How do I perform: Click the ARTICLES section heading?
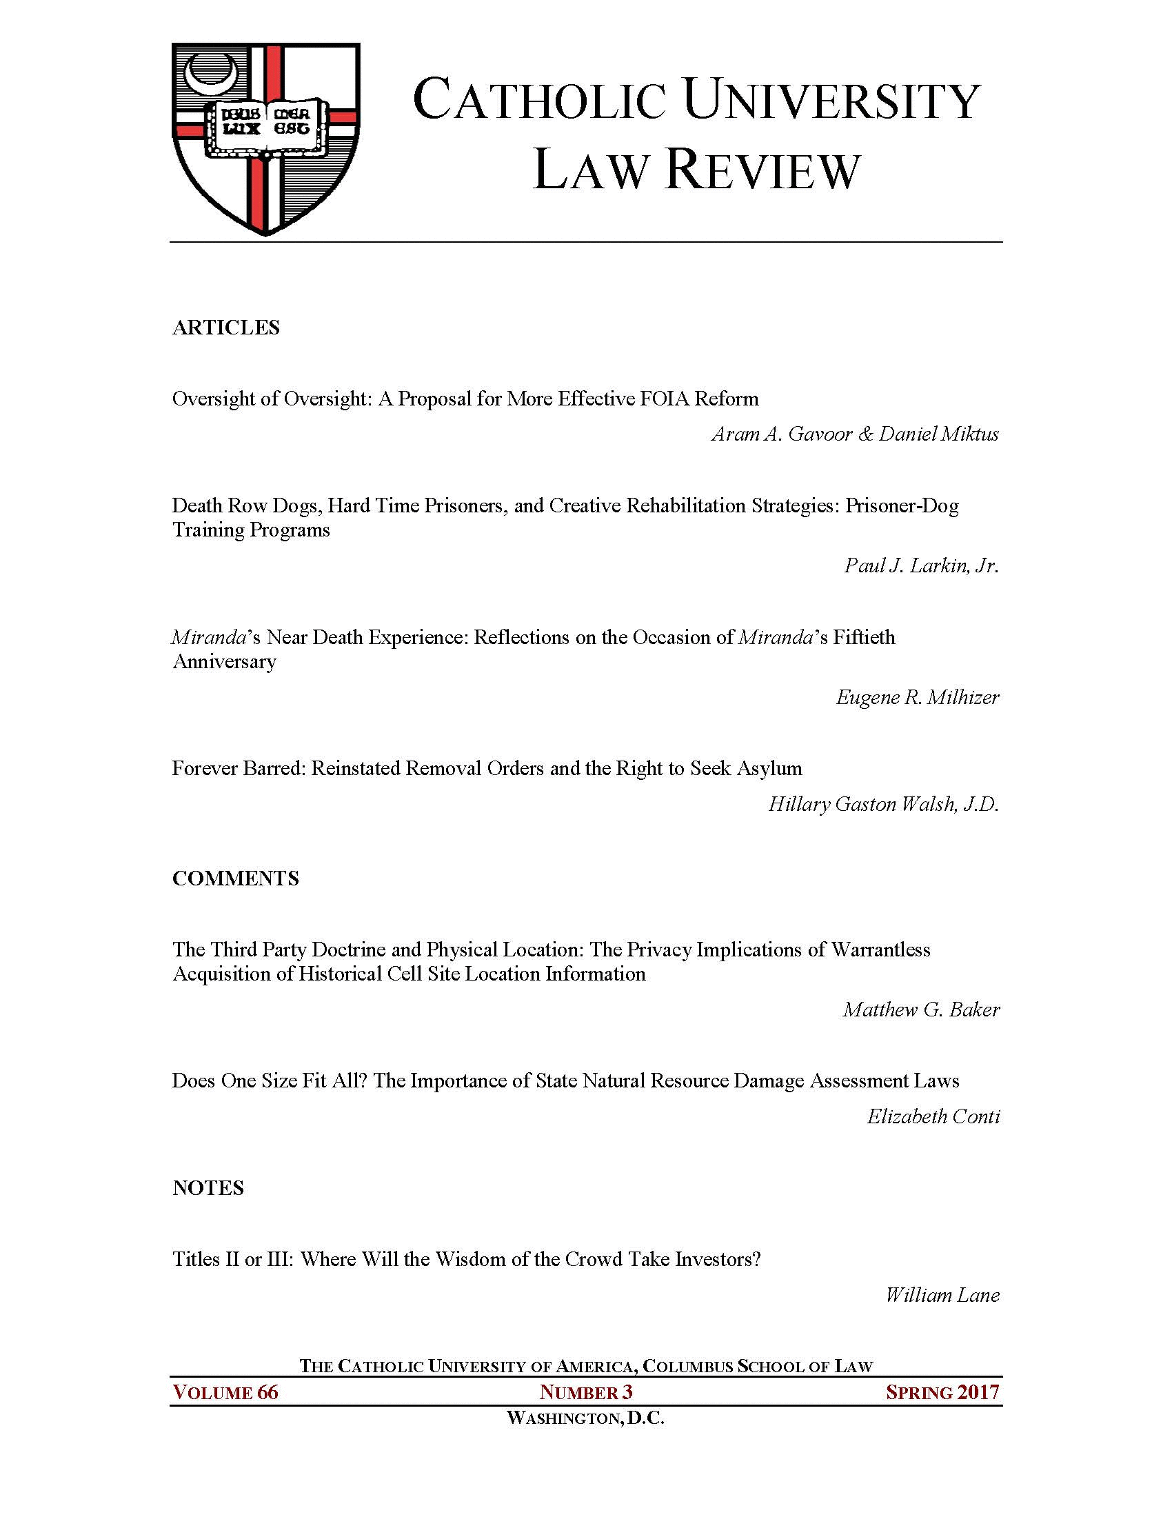pyautogui.click(x=225, y=328)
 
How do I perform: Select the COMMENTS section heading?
pyautogui.click(x=235, y=878)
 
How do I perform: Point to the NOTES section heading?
pyautogui.click(x=208, y=1188)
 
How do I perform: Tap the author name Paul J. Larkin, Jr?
pyautogui.click(x=921, y=565)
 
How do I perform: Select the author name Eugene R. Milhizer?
pyautogui.click(x=917, y=696)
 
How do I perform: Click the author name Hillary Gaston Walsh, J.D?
pyautogui.click(x=883, y=804)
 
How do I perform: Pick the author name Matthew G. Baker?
pyautogui.click(x=920, y=1009)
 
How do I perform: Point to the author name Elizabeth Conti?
pyautogui.click(x=933, y=1116)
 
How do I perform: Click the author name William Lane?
pyautogui.click(x=942, y=1295)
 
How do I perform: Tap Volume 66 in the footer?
pyautogui.click(x=225, y=1393)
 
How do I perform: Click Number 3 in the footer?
pyautogui.click(x=586, y=1393)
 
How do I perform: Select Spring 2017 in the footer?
pyautogui.click(x=942, y=1393)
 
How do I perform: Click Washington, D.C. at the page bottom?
pyautogui.click(x=586, y=1418)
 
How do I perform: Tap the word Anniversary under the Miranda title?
pyautogui.click(x=224, y=661)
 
